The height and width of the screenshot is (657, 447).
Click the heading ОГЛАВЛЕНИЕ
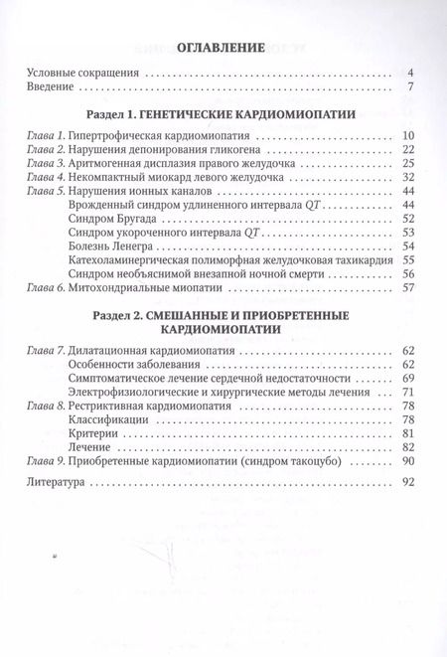223,46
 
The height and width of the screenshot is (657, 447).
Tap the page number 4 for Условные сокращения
409,73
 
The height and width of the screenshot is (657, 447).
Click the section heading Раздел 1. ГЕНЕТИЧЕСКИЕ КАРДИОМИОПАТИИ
223,115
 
